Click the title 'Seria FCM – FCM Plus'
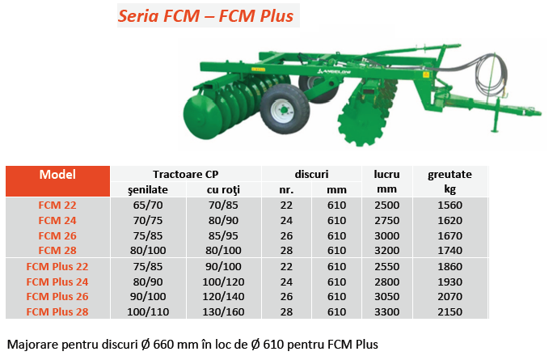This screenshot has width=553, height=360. tap(205, 16)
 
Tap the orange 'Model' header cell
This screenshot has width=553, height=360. tap(57, 181)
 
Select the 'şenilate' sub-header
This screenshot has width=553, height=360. tap(148, 190)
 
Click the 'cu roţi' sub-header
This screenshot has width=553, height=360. tap(223, 190)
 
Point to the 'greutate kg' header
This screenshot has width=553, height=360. tap(450, 181)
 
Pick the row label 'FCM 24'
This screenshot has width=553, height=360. tap(57, 221)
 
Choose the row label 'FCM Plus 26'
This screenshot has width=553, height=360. tap(57, 296)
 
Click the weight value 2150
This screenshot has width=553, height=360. tap(450, 312)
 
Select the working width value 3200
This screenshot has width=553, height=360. tap(387, 251)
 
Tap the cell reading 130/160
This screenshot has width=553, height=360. tap(223, 312)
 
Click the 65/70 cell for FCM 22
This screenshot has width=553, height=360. tap(148, 205)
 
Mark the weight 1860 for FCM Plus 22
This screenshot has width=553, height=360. tap(450, 266)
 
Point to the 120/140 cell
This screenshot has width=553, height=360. tap(223, 296)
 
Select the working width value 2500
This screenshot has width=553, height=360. tap(387, 205)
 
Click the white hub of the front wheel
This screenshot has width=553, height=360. tap(283, 111)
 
